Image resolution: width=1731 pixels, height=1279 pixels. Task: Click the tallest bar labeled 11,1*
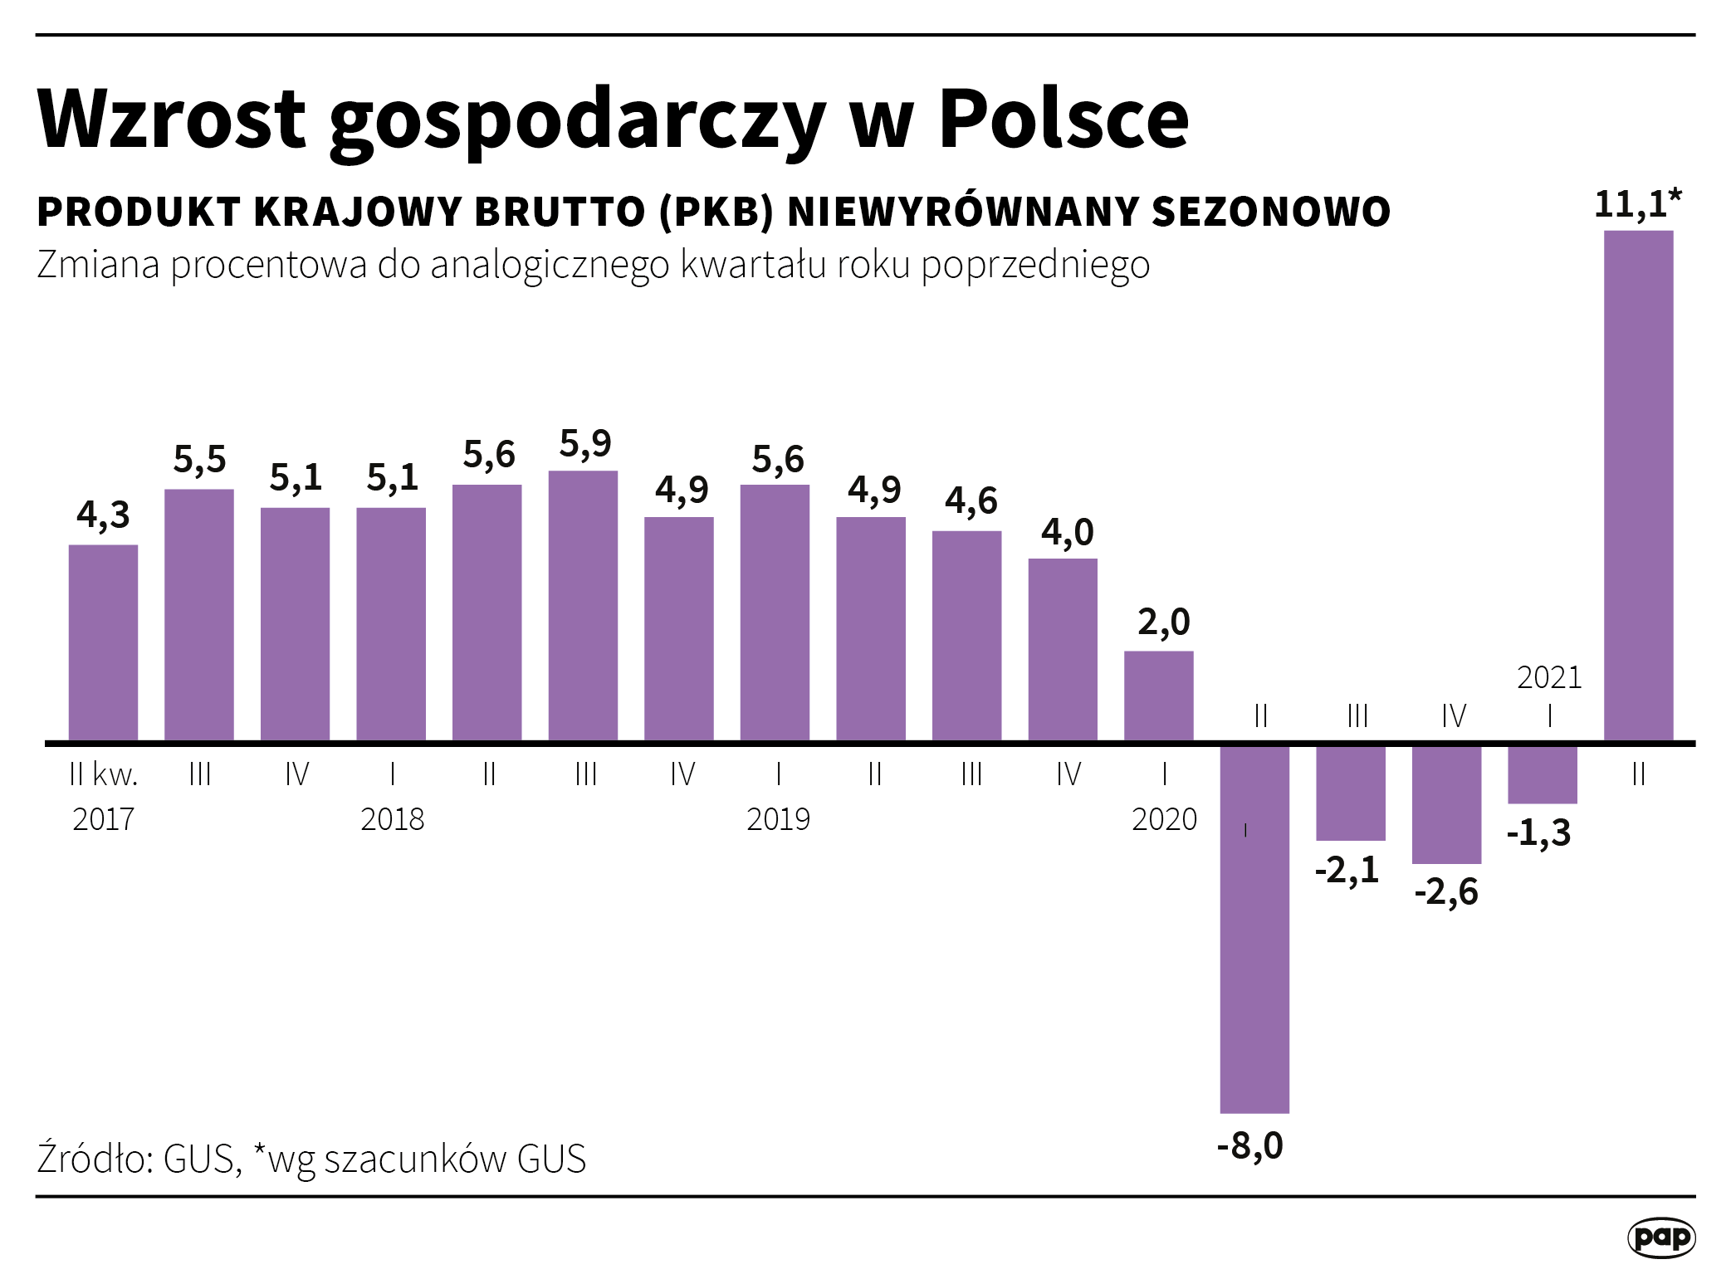[1638, 486]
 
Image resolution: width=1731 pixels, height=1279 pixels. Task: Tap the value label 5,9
[585, 444]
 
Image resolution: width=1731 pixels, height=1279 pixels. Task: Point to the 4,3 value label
[103, 515]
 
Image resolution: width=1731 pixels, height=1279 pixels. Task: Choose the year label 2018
[392, 819]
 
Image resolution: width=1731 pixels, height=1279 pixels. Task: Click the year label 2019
[778, 819]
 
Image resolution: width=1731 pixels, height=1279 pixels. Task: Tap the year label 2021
[1549, 678]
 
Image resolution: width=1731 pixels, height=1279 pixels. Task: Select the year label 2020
[1164, 819]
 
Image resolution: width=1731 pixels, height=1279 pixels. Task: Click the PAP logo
[1660, 1238]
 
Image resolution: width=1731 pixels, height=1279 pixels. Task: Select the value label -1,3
[1538, 832]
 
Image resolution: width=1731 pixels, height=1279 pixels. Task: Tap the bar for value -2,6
[1446, 804]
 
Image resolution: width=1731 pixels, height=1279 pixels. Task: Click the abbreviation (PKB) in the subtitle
[716, 212]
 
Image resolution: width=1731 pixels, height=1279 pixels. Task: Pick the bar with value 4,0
[1063, 649]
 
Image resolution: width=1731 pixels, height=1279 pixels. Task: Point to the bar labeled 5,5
[199, 614]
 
